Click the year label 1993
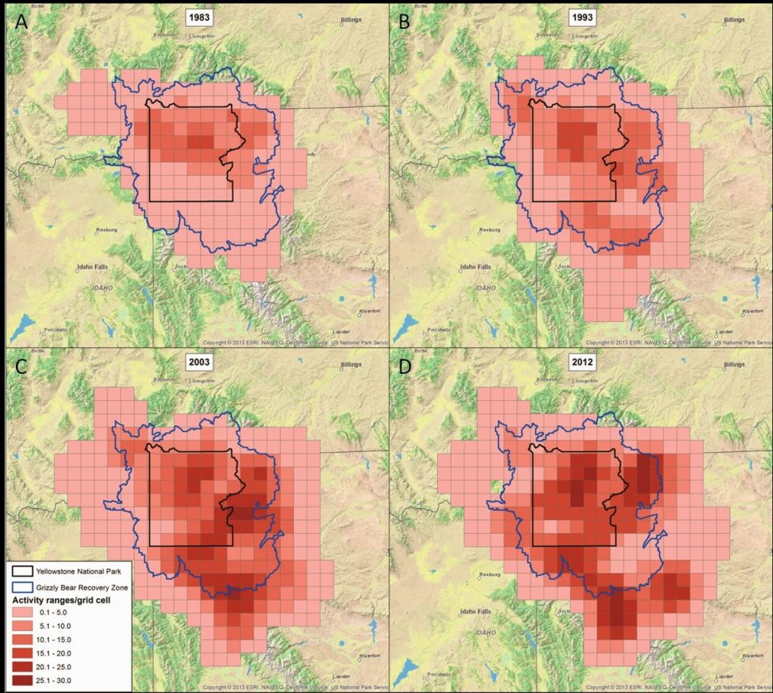[x=579, y=17]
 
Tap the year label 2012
[x=579, y=362]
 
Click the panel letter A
[x=21, y=22]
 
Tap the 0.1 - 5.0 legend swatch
[x=29, y=612]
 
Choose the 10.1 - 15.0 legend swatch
[x=29, y=639]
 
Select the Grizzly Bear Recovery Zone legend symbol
[x=29, y=586]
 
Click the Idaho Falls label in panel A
[x=93, y=267]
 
